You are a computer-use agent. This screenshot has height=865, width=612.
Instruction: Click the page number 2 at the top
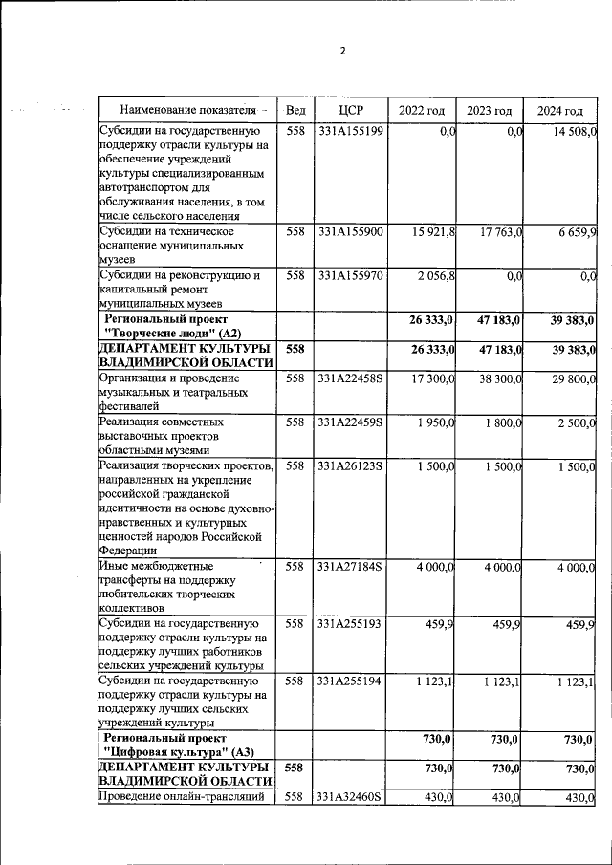(342, 52)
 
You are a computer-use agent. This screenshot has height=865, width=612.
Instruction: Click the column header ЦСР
(351, 111)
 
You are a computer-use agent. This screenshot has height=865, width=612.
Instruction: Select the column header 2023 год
(489, 111)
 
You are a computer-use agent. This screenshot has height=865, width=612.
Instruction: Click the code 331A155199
(351, 132)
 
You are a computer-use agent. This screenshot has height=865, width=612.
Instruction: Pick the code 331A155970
(351, 276)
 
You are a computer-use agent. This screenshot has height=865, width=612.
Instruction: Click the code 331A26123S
(351, 465)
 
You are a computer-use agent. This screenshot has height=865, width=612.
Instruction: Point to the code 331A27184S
(351, 567)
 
